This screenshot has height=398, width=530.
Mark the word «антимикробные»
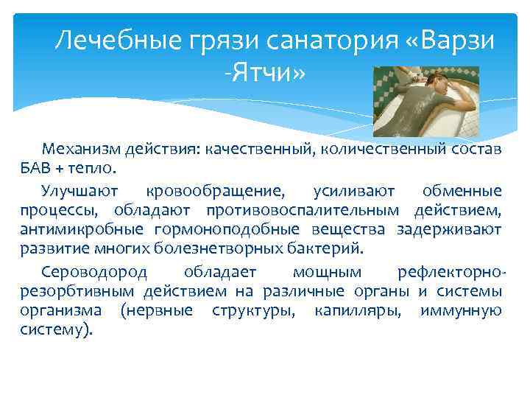pos(72,230)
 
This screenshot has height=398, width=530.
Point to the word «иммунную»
pos(461,310)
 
